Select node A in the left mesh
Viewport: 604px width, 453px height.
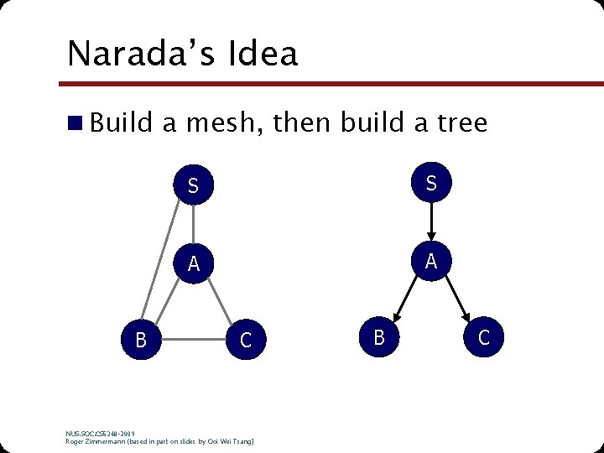[x=194, y=263]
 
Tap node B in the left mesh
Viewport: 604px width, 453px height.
[x=142, y=341]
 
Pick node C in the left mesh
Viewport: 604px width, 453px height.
[x=246, y=341]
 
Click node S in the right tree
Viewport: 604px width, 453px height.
[x=430, y=183]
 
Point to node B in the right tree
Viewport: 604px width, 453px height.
[x=379, y=337]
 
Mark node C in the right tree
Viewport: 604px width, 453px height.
[x=483, y=337]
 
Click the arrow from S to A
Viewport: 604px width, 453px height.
[x=430, y=221]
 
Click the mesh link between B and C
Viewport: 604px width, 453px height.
[x=194, y=341]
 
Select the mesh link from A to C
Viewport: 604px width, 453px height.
[x=221, y=302]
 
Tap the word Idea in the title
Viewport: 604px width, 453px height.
[x=261, y=54]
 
